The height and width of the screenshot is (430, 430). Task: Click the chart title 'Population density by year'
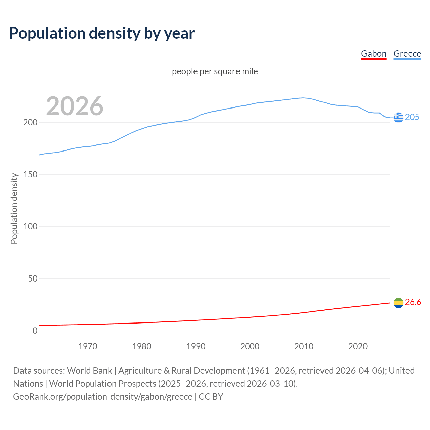pos(102,33)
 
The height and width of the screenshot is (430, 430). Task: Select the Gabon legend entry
pos(374,54)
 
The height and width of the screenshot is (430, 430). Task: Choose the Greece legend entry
pos(407,54)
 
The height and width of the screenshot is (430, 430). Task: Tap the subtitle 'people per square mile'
pos(215,71)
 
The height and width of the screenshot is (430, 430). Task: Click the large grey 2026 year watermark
pos(75,106)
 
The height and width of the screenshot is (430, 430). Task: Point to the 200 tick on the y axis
pos(30,123)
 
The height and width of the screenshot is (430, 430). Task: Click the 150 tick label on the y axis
pos(30,175)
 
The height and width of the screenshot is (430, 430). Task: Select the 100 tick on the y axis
pos(30,227)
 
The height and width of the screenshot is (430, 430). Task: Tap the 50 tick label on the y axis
pos(32,279)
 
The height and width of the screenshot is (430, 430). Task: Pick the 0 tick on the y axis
pos(35,331)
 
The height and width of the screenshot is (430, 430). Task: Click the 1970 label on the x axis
pos(88,346)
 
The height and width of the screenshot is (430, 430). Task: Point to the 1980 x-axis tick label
pos(142,346)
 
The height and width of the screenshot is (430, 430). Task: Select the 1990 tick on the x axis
pos(196,346)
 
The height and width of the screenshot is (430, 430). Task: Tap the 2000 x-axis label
pos(250,346)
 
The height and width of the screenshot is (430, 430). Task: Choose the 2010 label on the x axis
pos(304,346)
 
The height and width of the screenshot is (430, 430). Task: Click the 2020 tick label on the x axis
pos(358,346)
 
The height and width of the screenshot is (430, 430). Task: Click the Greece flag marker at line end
pos(398,117)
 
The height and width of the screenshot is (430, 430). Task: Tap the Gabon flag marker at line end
pos(398,303)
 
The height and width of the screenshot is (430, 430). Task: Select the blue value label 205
pos(412,117)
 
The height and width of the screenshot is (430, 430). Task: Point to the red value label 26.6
pos(413,302)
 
